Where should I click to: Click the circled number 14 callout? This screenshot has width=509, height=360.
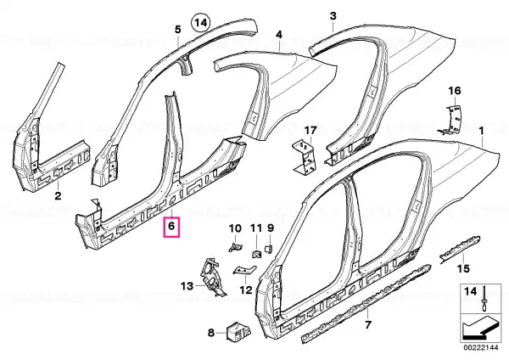click(x=201, y=23)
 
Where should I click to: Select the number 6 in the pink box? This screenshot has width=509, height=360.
click(x=171, y=225)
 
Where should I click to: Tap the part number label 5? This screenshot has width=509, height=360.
click(x=178, y=30)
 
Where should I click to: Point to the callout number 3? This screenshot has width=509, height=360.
click(x=333, y=16)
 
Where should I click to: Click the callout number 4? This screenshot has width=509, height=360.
click(x=279, y=35)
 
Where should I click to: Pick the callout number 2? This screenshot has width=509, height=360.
click(x=58, y=196)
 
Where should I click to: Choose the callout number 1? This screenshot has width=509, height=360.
click(x=481, y=131)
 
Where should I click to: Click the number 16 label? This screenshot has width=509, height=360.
click(x=455, y=91)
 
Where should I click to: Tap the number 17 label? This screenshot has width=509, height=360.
click(x=310, y=131)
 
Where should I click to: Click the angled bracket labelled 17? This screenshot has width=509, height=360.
click(x=305, y=157)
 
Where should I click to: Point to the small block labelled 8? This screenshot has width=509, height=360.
click(x=238, y=331)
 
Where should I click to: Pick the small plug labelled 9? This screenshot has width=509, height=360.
click(x=269, y=250)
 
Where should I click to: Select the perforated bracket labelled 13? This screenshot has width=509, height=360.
click(x=213, y=276)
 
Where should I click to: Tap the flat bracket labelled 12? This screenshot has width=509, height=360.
click(x=244, y=270)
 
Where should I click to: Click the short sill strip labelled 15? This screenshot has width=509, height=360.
click(x=460, y=248)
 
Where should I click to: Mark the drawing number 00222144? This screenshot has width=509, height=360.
click(x=481, y=347)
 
